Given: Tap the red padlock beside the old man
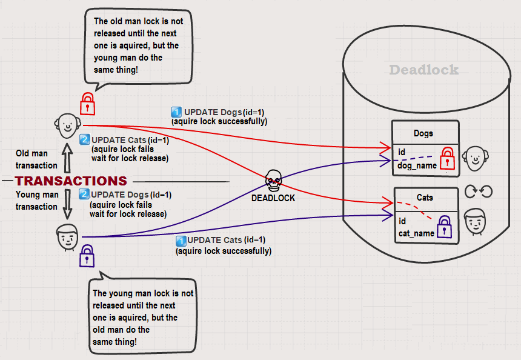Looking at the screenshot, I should [x=88, y=104].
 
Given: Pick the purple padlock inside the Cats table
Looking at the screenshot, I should [x=444, y=227].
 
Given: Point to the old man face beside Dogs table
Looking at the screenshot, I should [x=474, y=159].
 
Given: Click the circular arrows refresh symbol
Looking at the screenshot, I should [x=478, y=192].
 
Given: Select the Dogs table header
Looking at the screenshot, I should [x=423, y=133].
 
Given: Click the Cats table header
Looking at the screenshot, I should [x=425, y=198].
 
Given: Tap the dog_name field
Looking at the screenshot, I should [x=417, y=165].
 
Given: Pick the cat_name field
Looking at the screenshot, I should [x=416, y=233].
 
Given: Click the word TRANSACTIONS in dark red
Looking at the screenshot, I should [x=71, y=181].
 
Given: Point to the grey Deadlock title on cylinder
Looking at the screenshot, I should [x=423, y=70].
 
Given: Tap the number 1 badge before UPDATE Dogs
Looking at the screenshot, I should [x=176, y=112].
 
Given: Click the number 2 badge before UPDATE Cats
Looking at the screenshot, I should [x=85, y=141].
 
